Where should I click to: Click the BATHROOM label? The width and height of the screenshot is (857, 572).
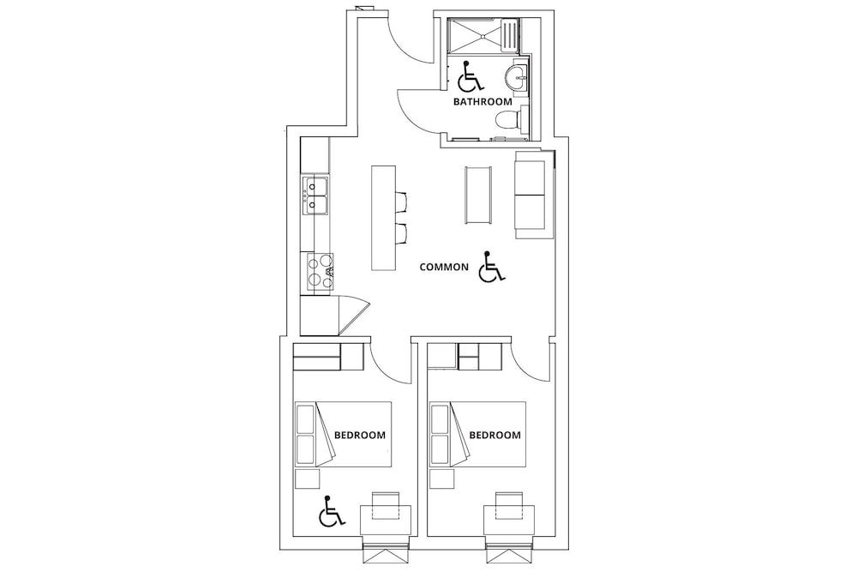click(483, 102)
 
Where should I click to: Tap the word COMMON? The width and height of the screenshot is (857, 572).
click(444, 267)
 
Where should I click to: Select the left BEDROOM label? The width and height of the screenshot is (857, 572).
click(360, 436)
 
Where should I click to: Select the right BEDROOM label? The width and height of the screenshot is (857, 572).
click(495, 436)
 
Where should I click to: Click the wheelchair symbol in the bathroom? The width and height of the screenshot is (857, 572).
click(470, 76)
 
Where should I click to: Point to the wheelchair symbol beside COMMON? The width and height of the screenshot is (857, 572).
click(492, 267)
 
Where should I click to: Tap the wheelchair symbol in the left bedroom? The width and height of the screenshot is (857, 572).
click(331, 511)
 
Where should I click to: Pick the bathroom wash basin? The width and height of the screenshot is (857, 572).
click(517, 81)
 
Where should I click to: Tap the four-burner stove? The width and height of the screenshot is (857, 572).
click(320, 271)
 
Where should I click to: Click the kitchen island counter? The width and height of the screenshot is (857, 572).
click(384, 218)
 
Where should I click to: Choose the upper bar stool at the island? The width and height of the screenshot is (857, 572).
click(401, 202)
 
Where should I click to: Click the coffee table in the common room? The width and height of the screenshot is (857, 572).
click(478, 195)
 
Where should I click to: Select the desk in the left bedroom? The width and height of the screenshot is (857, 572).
click(386, 520)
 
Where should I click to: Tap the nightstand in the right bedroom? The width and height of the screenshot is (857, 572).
click(441, 478)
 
